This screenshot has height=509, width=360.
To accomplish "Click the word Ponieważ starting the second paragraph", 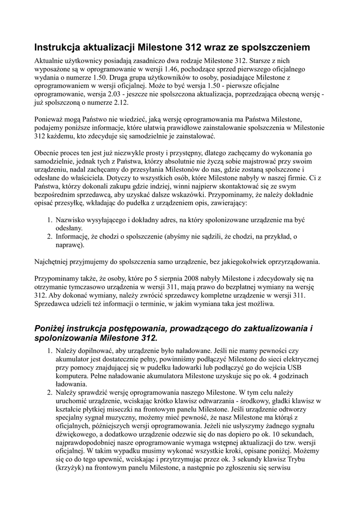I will pos(51,119).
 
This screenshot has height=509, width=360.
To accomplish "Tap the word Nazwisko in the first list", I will pos(71,220).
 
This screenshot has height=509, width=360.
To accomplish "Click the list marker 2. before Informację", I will pos(50,237).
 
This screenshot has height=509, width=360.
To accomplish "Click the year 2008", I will pos(189,278).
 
